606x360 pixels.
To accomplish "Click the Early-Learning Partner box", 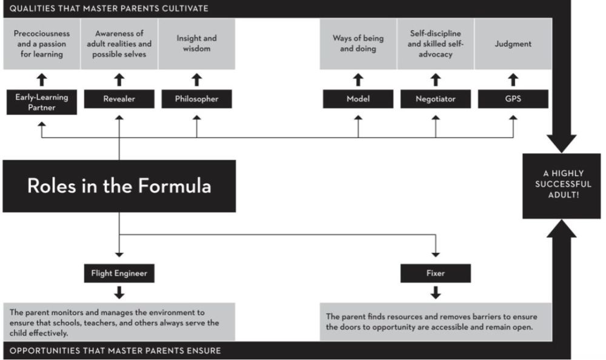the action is pos(42,102).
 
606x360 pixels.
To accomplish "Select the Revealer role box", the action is pos(119,99).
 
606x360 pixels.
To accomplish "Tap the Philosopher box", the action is pos(197,99).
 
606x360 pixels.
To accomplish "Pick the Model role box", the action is pos(358,99).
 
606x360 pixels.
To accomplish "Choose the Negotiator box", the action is pos(436,99).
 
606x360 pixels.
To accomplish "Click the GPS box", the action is pos(513,99).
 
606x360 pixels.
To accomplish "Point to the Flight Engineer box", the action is pos(119,273).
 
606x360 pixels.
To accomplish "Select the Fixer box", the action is pos(436,273).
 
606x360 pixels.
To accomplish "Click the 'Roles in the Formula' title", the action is pos(119,186).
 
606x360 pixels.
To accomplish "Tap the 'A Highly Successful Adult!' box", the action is pos(562,186).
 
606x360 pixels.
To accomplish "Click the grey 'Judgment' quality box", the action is pos(513,44).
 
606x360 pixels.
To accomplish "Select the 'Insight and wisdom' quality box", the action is pos(197,44).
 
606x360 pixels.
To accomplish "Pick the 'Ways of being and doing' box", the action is pos(358,44).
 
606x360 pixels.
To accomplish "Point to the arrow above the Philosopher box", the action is pos(197,79).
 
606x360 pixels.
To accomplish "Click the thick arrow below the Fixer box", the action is pos(436,293).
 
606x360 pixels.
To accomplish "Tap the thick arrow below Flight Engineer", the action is pos(119,293).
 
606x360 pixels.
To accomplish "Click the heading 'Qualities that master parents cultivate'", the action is pos(109,8).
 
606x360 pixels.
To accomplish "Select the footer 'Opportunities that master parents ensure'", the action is pos(115,351).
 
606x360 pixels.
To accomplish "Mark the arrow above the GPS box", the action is pos(513,79).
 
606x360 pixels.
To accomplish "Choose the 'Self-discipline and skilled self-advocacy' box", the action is pos(436,44).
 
